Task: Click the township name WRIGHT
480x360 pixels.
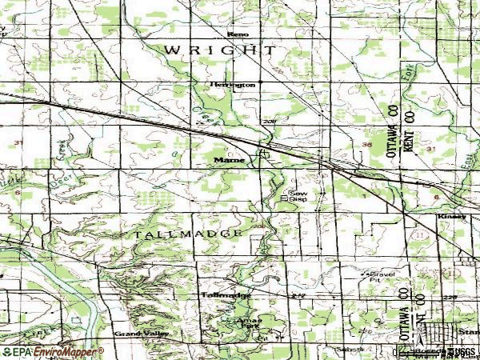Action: pos(221,50)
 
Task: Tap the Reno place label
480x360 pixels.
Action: pos(238,34)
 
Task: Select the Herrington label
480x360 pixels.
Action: pos(233,83)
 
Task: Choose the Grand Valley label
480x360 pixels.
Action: pos(138,333)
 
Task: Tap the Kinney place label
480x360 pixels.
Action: pos(449,216)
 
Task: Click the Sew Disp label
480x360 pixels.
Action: pos(298,196)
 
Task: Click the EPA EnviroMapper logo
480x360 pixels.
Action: pos(52,351)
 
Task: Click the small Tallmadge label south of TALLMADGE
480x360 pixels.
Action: pos(225,295)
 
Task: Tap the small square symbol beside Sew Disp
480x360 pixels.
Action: pos(285,196)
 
